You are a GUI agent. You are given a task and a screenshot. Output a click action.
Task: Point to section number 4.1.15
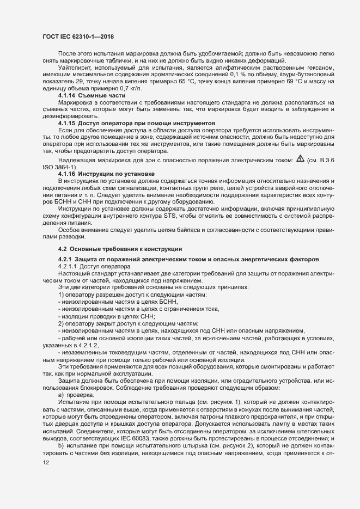pyautogui.click(x=70, y=124)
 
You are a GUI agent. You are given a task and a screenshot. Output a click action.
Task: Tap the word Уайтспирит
pyautogui.click(x=74, y=67)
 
